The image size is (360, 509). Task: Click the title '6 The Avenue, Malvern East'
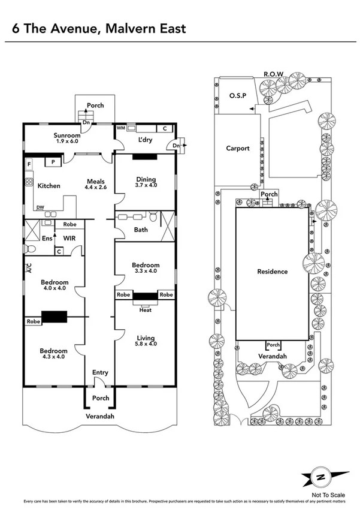96,28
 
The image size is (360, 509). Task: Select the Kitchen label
49,186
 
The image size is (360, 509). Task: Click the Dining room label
146,179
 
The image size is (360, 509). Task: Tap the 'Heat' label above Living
145,310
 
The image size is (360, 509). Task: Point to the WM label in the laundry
120,128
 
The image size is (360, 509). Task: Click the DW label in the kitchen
40,207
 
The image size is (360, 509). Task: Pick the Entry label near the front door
100,373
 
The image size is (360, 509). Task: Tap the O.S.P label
238,95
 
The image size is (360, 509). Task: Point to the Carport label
238,148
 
